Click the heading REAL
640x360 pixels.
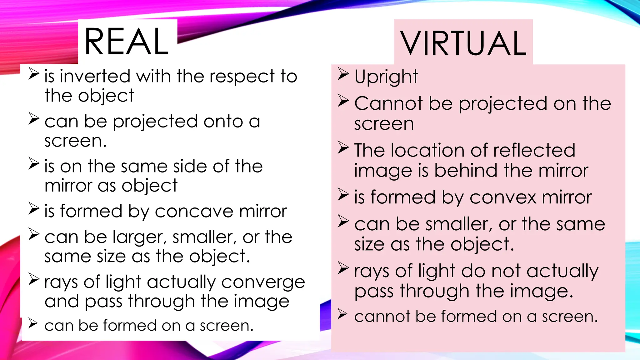pyautogui.click(x=127, y=42)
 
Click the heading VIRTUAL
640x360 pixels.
pyautogui.click(x=463, y=43)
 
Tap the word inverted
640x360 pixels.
pyautogui.click(x=95, y=76)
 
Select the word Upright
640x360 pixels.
pyautogui.click(x=386, y=77)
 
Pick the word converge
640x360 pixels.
pyautogui.click(x=263, y=282)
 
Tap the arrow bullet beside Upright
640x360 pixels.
pyautogui.click(x=343, y=74)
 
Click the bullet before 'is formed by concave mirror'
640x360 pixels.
pyautogui.click(x=33, y=209)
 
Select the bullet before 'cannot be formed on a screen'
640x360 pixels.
pyautogui.click(x=342, y=314)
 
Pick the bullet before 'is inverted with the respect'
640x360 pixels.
pyautogui.click(x=33, y=74)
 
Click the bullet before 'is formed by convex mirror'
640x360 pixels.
pyautogui.click(x=343, y=195)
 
